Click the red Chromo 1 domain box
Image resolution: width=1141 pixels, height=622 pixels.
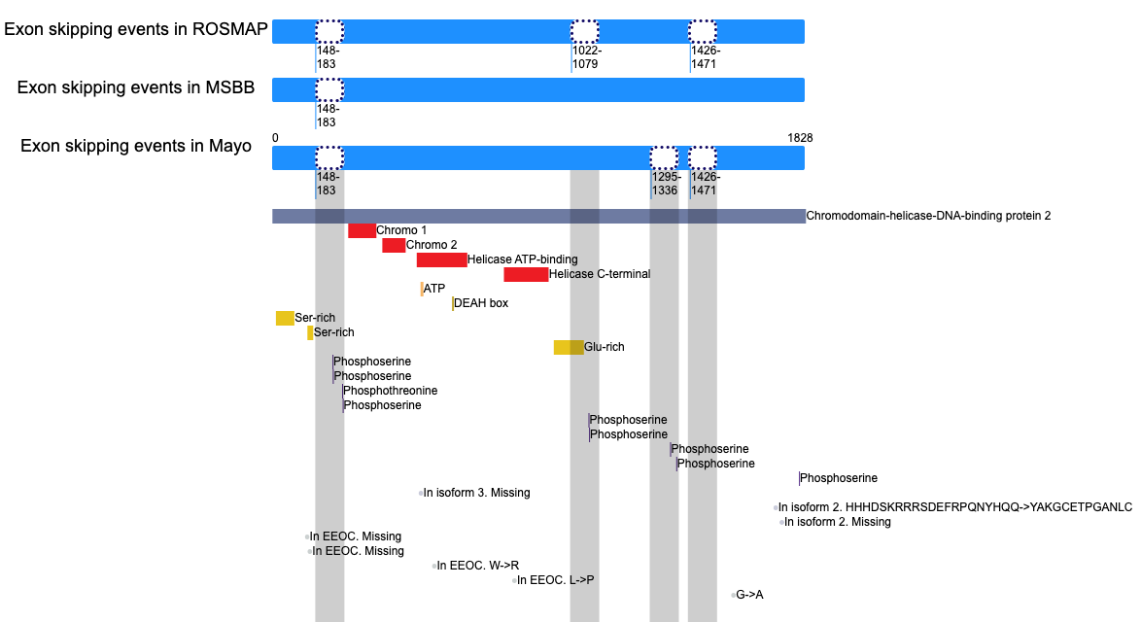click(x=362, y=230)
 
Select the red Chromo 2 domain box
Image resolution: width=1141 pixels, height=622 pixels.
click(x=394, y=245)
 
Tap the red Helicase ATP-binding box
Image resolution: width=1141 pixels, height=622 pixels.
click(x=441, y=259)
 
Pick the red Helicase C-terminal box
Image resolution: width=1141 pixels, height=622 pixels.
click(x=526, y=274)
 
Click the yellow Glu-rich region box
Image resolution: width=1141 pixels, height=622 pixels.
click(x=569, y=347)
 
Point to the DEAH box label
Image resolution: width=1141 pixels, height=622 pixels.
click(x=481, y=303)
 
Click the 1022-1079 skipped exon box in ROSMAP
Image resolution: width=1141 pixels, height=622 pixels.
click(x=584, y=31)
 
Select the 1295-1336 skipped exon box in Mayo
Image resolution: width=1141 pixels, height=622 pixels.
click(x=664, y=157)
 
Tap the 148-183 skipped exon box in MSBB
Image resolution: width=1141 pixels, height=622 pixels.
click(x=329, y=89)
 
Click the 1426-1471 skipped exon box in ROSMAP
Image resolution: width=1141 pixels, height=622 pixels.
click(x=703, y=31)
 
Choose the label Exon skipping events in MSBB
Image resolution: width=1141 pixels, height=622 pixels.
click(x=136, y=87)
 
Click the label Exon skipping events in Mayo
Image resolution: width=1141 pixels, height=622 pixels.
click(x=136, y=146)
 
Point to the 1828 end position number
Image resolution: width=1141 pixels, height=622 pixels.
click(x=800, y=137)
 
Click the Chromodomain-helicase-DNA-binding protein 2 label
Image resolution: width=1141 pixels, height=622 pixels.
click(x=928, y=216)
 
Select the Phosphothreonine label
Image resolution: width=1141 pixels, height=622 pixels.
click(x=390, y=391)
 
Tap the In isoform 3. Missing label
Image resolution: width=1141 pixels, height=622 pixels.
click(x=476, y=493)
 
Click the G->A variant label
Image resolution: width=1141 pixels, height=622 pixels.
click(x=749, y=595)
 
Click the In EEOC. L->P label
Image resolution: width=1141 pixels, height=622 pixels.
click(x=555, y=580)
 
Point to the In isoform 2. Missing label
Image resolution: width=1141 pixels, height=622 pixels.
click(x=838, y=522)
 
